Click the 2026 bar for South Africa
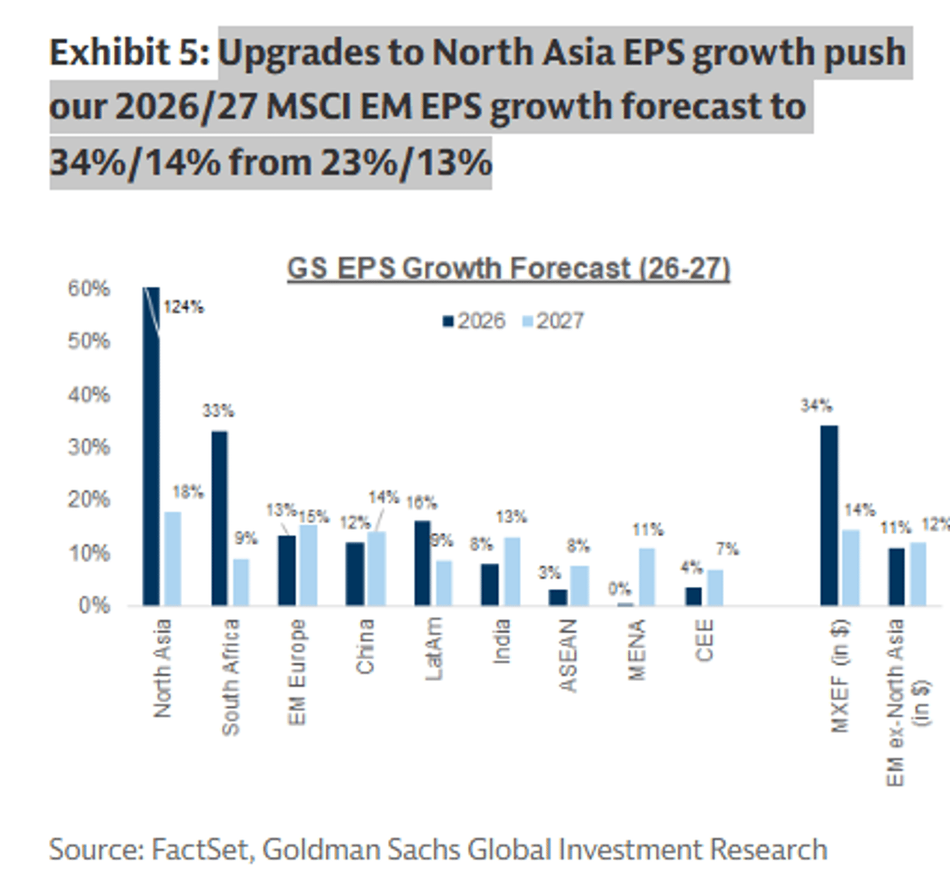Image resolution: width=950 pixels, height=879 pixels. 219,518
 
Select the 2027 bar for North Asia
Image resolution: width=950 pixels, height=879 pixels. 173,558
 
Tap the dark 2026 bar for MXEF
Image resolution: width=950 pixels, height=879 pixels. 829,516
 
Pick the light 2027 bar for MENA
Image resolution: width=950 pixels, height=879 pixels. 647,576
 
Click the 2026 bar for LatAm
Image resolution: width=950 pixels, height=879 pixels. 423,563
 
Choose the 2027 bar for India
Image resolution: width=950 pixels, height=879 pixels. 511,571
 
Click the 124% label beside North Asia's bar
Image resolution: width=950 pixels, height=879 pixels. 184,307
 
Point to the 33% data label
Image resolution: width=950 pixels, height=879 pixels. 218,411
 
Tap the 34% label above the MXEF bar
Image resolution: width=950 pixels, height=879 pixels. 816,406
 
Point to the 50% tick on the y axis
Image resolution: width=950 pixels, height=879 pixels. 89,341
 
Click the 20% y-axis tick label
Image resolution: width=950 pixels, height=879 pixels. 89,500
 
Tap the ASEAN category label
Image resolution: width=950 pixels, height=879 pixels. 568,656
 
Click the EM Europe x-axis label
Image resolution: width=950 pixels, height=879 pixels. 297,672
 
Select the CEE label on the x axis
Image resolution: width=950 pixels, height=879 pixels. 705,640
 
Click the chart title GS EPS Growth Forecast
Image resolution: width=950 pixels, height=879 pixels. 507,268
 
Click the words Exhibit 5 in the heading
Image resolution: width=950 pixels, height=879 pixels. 129,53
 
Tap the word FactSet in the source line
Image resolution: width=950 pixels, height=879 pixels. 201,849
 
